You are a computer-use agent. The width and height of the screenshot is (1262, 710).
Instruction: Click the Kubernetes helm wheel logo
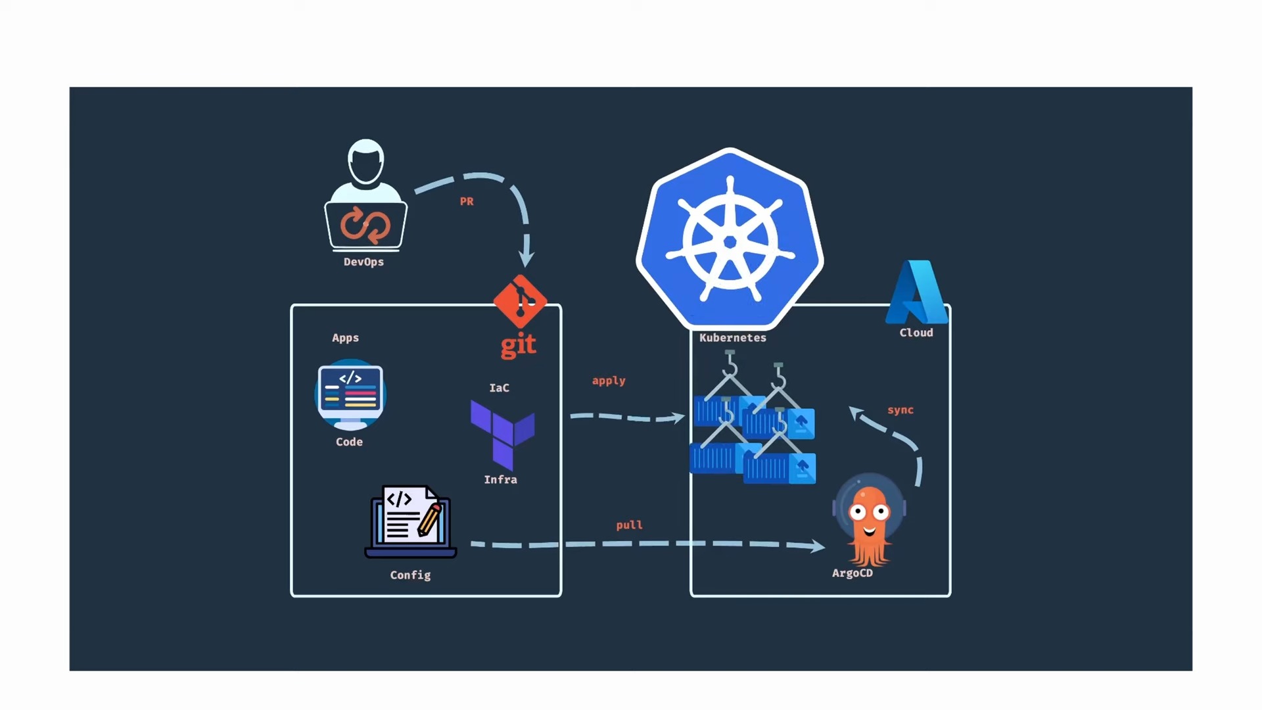click(x=730, y=240)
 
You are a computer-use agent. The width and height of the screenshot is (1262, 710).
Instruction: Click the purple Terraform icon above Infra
click(x=502, y=433)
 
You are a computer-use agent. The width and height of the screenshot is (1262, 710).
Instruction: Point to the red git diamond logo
click(x=520, y=302)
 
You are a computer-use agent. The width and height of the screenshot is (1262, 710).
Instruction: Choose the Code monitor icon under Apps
click(x=350, y=394)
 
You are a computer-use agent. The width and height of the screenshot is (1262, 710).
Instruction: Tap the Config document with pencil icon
click(x=411, y=522)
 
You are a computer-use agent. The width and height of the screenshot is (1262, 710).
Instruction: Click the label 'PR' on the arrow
click(x=467, y=202)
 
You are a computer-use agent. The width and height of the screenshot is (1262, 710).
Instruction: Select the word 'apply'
click(x=609, y=381)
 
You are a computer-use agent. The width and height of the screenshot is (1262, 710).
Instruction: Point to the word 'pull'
click(x=629, y=525)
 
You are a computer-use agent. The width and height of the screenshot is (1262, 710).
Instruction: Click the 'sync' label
click(x=900, y=410)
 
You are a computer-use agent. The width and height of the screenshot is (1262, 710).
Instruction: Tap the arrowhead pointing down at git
click(x=526, y=258)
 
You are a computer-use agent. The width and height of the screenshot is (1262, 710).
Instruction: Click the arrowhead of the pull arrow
click(x=817, y=546)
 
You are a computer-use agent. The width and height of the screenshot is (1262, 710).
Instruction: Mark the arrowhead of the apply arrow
click(x=678, y=417)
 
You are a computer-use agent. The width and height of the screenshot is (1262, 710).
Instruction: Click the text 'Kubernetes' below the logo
click(x=732, y=338)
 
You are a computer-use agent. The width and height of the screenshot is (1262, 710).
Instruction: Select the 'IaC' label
click(x=499, y=388)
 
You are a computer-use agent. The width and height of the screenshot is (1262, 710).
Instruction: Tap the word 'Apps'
click(x=345, y=338)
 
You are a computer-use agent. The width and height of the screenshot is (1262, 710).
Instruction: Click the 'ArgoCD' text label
click(x=852, y=573)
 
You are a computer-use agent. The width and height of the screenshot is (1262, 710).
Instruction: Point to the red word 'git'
click(x=519, y=344)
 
